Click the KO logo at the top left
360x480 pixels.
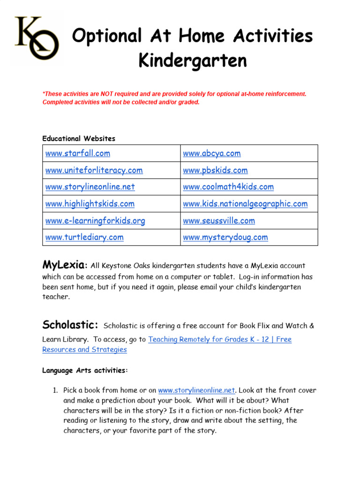(37, 39)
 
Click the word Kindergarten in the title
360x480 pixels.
(193, 60)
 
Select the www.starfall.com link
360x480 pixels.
(78, 153)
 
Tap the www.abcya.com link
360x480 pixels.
(211, 153)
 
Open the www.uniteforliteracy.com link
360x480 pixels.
(94, 170)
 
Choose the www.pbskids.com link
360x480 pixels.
(215, 170)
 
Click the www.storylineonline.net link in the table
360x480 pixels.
(90, 187)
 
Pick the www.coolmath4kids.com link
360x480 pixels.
(228, 187)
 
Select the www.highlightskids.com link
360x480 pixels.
(90, 203)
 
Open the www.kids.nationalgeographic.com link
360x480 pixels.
(245, 203)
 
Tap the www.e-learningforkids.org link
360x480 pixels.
(95, 220)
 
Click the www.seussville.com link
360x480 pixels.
(219, 220)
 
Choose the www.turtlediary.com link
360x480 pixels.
(84, 237)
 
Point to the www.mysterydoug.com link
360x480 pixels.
(225, 237)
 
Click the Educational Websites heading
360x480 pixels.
(79, 138)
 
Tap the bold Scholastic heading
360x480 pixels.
(70, 325)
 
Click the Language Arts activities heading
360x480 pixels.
(85, 370)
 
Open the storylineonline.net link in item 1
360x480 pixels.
(196, 390)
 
